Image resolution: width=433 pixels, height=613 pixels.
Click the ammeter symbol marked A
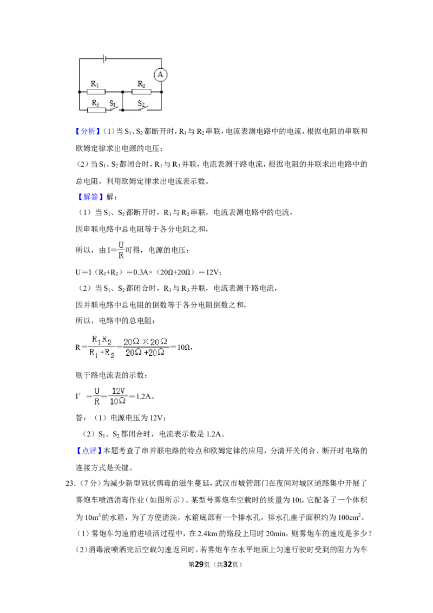(x=160, y=74)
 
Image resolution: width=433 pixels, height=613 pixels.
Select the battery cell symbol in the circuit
(x=105, y=58)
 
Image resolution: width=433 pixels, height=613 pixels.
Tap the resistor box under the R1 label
(x=96, y=92)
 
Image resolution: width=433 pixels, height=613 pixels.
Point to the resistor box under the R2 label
(x=141, y=92)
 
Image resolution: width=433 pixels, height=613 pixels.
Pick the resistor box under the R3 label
(x=96, y=110)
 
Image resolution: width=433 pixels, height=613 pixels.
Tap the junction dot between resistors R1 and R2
(x=123, y=92)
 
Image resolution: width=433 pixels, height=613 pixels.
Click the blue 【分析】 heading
(x=88, y=132)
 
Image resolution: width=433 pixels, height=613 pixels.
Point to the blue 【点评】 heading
(x=88, y=451)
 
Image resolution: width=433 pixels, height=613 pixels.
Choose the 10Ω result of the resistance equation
(x=183, y=347)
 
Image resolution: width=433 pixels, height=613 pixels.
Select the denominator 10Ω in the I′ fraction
(x=117, y=401)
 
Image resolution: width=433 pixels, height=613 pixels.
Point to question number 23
(x=70, y=484)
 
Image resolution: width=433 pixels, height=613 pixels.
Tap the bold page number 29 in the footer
(x=199, y=564)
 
